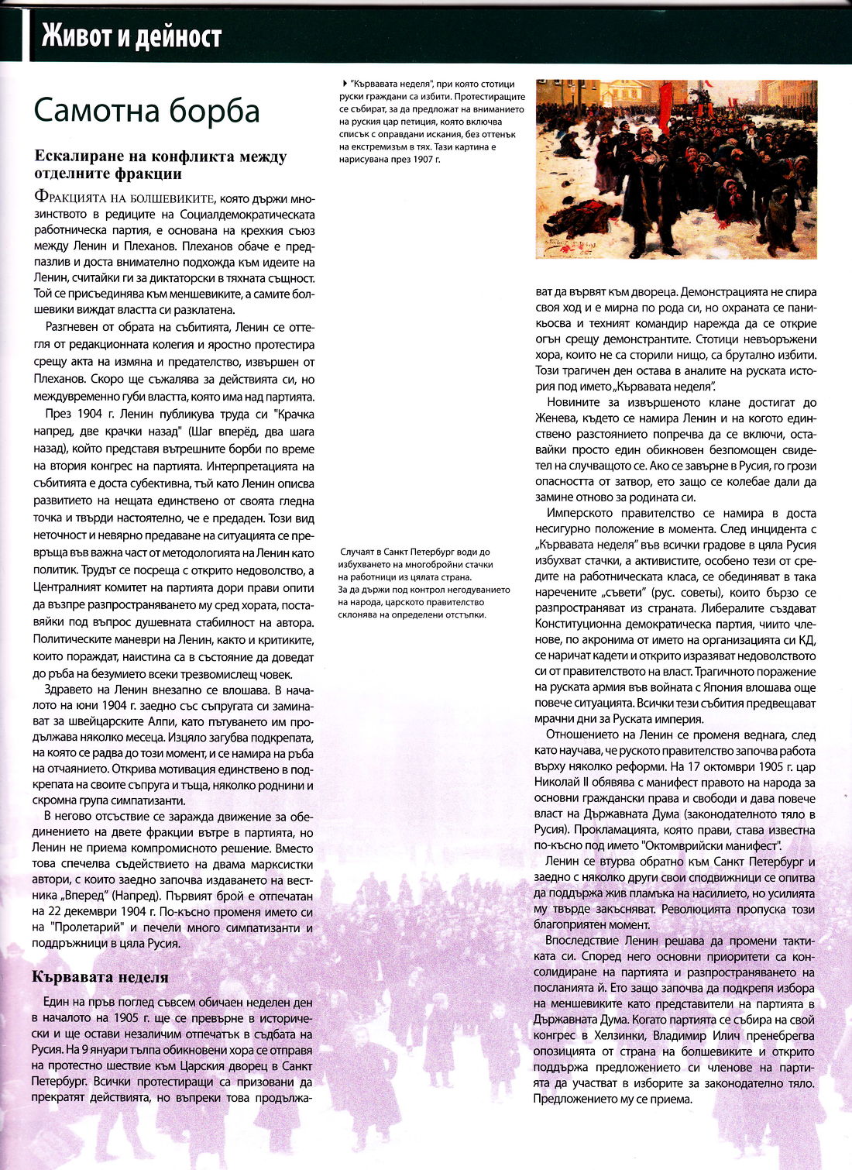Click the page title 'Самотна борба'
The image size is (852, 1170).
[x=146, y=111]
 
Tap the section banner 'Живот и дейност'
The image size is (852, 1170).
[x=132, y=36]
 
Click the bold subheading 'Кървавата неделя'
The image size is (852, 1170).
[x=100, y=976]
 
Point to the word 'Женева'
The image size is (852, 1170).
[x=555, y=418]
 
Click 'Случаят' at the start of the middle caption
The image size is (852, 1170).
[x=359, y=552]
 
